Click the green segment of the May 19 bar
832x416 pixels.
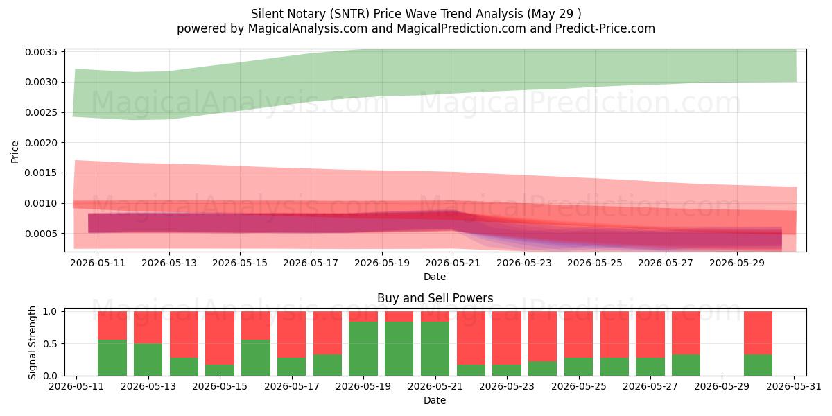point(363,349)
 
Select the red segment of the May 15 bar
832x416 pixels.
point(220,338)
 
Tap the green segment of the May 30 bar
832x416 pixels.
point(758,365)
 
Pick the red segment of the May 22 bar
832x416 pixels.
point(471,338)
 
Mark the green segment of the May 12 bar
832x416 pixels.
point(112,358)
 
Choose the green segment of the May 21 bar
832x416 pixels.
point(435,349)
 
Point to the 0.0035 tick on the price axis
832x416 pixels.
point(41,52)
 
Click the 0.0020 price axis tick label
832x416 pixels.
point(41,143)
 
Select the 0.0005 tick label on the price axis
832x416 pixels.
point(41,234)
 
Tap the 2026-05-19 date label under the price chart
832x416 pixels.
point(382,263)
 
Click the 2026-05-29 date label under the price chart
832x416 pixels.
point(737,263)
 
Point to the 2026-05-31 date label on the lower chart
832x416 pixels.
point(794,387)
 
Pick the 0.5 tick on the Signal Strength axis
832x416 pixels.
point(50,344)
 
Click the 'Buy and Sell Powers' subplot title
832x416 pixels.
point(435,298)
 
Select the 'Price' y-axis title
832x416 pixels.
point(15,152)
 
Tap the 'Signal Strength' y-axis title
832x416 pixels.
point(33,343)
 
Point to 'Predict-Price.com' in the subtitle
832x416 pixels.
point(605,28)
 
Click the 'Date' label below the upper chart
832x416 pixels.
point(435,277)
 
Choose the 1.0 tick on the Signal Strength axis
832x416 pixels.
point(50,311)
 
